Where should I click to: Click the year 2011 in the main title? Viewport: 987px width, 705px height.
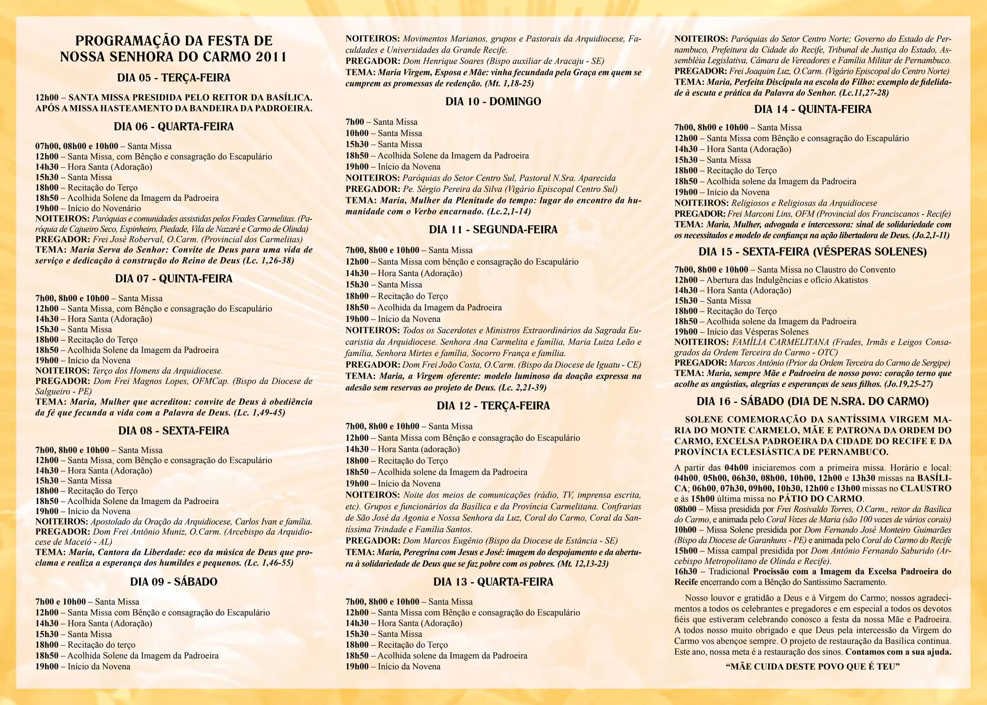click(270, 57)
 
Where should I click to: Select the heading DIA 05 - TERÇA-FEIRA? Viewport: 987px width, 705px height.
click(173, 78)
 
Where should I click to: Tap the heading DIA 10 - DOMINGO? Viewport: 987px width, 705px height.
click(493, 102)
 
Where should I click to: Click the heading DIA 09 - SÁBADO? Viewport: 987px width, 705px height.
click(173, 582)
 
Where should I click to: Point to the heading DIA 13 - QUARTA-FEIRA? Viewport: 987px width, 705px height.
click(493, 582)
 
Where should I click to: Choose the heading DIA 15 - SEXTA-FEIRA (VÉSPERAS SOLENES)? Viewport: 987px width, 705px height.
click(813, 252)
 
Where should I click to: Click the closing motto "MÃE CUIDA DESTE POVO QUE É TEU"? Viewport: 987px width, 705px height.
click(813, 667)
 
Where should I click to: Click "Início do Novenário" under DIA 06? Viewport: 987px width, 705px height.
click(104, 209)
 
